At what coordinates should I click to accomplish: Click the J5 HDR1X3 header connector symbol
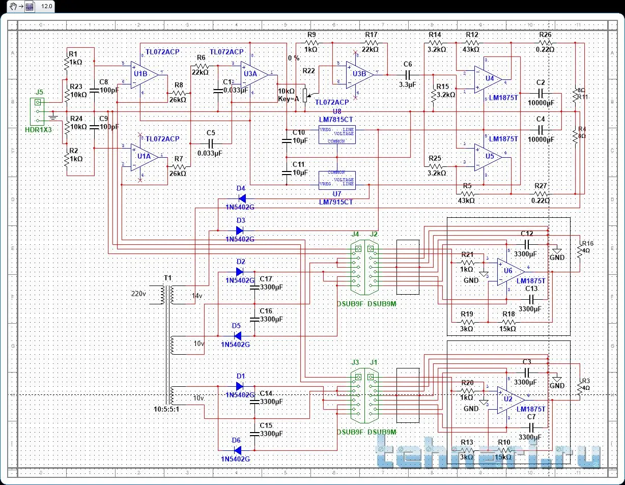tap(37, 111)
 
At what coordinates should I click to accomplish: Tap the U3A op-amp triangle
tap(253, 74)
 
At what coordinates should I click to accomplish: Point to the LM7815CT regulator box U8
tap(336, 134)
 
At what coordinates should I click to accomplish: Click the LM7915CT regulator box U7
tap(336, 180)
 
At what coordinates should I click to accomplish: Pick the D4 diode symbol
tap(242, 198)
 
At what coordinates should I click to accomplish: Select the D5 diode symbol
tap(237, 336)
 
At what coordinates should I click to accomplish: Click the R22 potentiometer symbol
tap(305, 95)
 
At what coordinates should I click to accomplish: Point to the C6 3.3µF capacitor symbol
tap(407, 74)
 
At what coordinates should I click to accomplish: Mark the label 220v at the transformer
tap(138, 294)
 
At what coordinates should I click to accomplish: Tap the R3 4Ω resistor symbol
tap(580, 389)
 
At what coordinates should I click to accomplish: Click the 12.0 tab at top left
tap(46, 6)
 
